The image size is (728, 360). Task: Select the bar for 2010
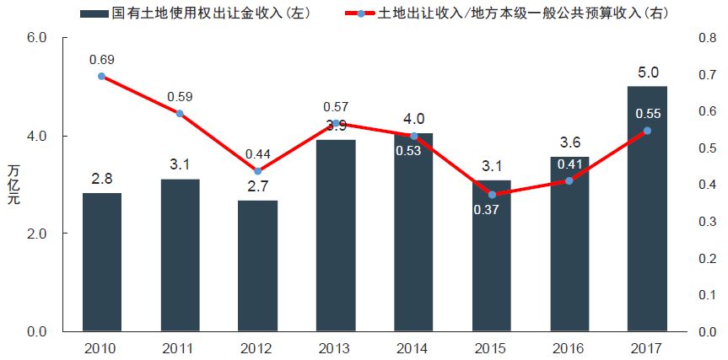pyautogui.click(x=102, y=261)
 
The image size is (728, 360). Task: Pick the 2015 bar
pyautogui.click(x=492, y=255)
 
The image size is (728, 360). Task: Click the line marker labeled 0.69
pyautogui.click(x=102, y=77)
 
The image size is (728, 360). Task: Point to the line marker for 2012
pyautogui.click(x=258, y=170)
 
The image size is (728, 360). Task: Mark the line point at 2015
pyautogui.click(x=492, y=195)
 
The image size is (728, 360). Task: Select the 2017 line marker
pyautogui.click(x=647, y=131)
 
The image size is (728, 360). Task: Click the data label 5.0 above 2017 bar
pyautogui.click(x=648, y=73)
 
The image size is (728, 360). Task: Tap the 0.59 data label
pyautogui.click(x=180, y=96)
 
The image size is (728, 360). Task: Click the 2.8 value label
pyautogui.click(x=102, y=179)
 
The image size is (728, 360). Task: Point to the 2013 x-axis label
pyautogui.click(x=336, y=347)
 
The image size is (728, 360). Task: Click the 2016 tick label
pyautogui.click(x=569, y=347)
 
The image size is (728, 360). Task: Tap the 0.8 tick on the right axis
pyautogui.click(x=706, y=38)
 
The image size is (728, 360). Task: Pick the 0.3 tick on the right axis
pyautogui.click(x=706, y=222)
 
